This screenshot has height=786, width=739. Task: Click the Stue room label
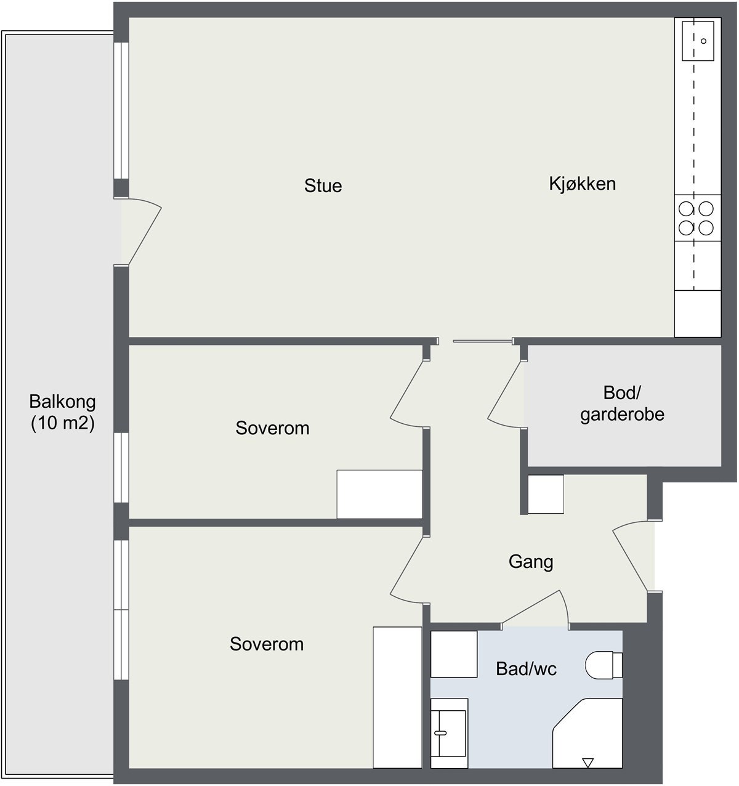323,185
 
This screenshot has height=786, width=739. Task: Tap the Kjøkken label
582,184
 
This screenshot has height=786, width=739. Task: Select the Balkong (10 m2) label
63,413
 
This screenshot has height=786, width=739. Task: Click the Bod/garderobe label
622,403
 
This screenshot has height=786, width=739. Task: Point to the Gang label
531,561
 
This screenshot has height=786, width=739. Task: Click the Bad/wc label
526,668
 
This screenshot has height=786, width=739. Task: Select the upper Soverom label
272,428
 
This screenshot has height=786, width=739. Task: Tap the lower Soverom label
267,644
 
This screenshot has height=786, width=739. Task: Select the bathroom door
533,610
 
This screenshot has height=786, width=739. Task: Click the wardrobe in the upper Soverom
379,494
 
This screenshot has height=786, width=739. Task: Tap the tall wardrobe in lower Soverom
397,697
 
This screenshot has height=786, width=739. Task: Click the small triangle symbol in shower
588,763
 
